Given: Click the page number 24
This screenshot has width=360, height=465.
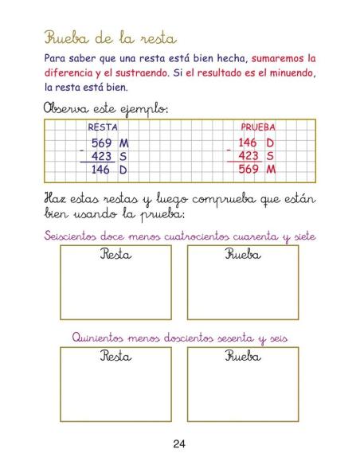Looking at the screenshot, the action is (x=180, y=444).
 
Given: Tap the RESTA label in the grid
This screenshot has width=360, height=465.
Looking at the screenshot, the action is (x=102, y=127).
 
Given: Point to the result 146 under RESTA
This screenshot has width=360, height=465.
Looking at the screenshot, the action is (x=101, y=170).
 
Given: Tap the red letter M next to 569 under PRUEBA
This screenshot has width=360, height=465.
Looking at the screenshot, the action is (x=271, y=170).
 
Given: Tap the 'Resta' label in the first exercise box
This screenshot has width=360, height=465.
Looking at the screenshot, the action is (x=115, y=255).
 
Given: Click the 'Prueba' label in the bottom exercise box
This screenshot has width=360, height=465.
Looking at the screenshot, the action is (x=243, y=357).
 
